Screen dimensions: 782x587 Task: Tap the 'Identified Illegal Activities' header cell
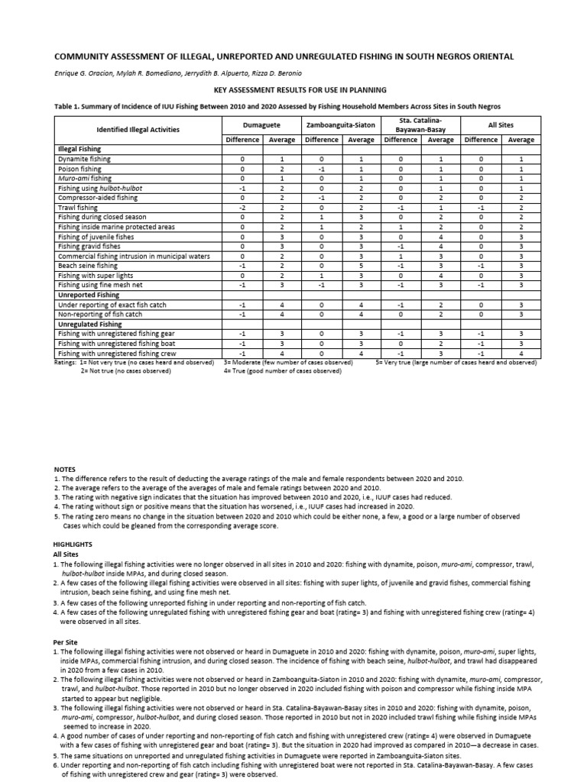pos(138,129)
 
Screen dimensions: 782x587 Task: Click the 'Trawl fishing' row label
pos(78,207)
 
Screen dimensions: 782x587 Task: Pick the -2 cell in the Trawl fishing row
pos(242,207)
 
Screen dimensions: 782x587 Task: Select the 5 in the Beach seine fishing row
pos(360,266)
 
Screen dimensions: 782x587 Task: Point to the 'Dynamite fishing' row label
pos(84,159)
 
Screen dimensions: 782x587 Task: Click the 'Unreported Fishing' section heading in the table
pos(89,295)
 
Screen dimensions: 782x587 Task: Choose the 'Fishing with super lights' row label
pos(96,276)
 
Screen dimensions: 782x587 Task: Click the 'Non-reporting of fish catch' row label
pos(100,314)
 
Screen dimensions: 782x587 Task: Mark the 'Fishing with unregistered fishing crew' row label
pos(115,354)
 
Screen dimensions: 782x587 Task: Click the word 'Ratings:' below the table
pos(67,362)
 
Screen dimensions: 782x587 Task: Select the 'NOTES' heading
pos(65,467)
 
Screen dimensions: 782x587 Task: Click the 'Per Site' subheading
pos(65,641)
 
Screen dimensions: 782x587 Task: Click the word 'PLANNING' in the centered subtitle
pos(365,89)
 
